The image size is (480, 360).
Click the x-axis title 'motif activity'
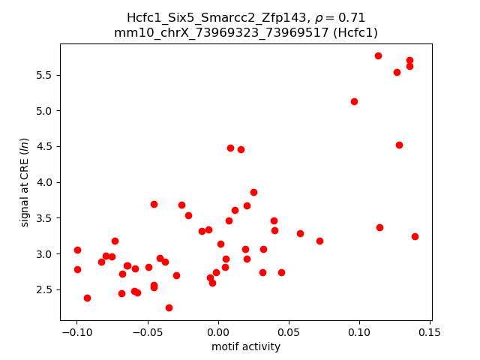(246, 346)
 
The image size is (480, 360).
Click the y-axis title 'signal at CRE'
(24, 182)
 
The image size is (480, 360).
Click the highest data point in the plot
(378, 55)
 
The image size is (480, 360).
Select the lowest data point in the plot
(169, 307)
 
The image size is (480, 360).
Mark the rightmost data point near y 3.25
(415, 236)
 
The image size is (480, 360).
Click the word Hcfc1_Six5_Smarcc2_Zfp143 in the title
(198, 18)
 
